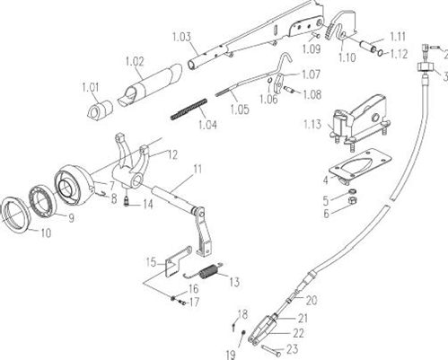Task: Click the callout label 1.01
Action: point(90,87)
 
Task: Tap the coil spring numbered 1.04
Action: point(189,110)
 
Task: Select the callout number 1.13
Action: point(312,124)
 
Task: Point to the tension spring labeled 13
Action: point(205,270)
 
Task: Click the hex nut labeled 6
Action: point(353,200)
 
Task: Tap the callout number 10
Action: point(46,233)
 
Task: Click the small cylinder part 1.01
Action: point(100,110)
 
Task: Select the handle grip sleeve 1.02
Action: point(150,84)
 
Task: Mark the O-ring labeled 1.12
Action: point(381,53)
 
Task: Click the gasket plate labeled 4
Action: point(360,164)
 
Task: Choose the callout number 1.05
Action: point(240,110)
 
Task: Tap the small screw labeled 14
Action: point(127,201)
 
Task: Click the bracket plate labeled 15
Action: point(179,261)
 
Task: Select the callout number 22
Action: point(298,333)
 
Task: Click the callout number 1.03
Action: point(181,38)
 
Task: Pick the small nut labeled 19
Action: point(243,333)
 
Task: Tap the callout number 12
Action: point(172,154)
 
